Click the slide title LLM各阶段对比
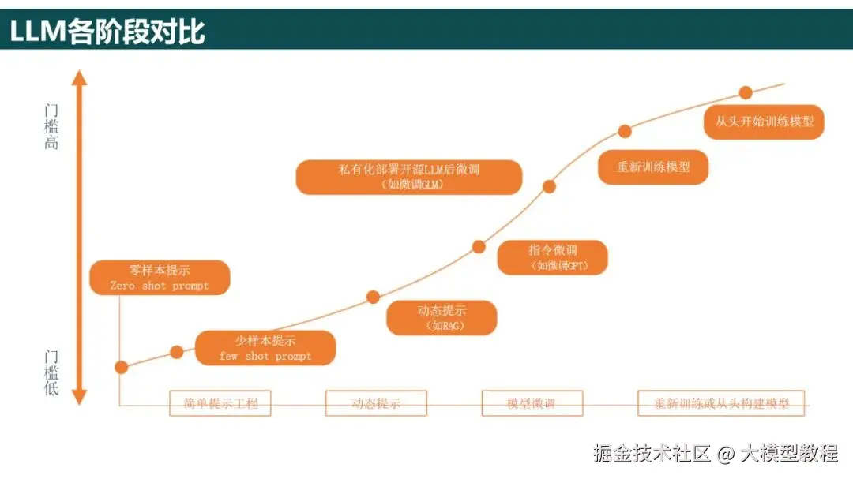[108, 31]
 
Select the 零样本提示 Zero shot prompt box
[160, 278]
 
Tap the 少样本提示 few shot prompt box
[265, 348]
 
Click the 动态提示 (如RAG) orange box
[442, 317]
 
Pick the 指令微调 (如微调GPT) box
[553, 258]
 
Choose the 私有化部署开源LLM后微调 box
[409, 177]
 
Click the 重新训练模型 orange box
[653, 167]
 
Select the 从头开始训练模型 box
[764, 122]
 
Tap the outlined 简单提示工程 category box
[220, 403]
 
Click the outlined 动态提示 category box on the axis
[376, 403]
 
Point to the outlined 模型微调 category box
[532, 403]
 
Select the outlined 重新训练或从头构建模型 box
[721, 403]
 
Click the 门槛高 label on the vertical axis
[51, 126]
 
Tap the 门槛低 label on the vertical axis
[51, 372]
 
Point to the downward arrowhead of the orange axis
[79, 397]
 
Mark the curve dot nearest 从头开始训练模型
[746, 92]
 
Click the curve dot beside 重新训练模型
[625, 131]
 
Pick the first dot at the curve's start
[121, 367]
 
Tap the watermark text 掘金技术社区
[652, 454]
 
